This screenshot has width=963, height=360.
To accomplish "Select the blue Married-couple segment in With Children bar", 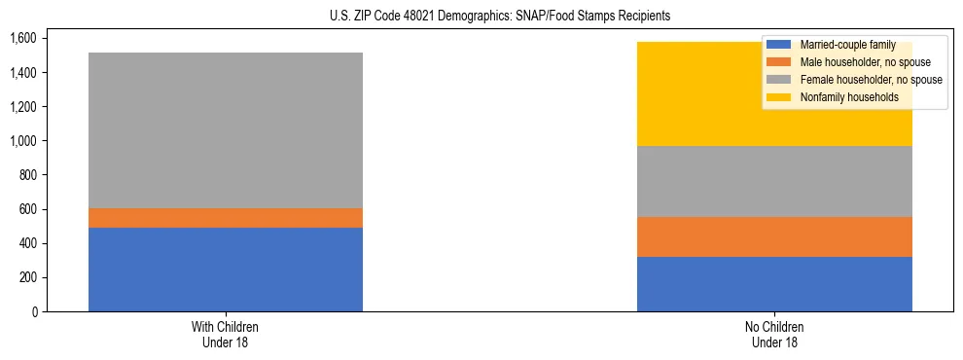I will pos(226,270).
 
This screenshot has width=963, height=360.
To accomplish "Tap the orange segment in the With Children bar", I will pos(226,218).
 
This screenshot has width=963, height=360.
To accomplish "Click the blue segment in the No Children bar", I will pos(774,284).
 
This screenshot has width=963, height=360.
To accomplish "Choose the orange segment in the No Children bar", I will pos(774,236).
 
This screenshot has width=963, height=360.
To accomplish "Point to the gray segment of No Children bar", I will pos(774,181).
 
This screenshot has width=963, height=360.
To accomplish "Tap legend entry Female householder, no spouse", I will pos(868,80).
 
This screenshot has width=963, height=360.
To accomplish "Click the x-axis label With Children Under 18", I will pos(226,334).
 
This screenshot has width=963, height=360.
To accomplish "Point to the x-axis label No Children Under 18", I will pos(774,334).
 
